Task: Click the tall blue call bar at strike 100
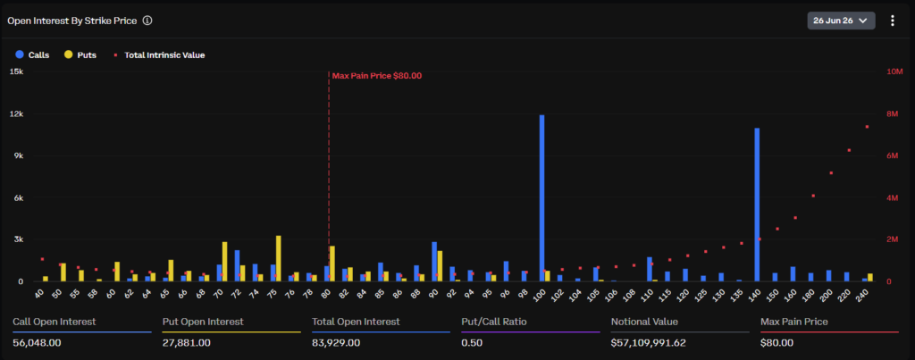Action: [541, 198]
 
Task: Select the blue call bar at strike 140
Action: [757, 205]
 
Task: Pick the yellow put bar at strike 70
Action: [224, 262]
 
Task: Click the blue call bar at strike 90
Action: [434, 262]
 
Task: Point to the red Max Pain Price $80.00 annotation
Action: [376, 75]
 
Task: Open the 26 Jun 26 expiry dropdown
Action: [841, 21]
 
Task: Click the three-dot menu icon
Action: [893, 21]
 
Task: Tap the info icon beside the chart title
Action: [147, 21]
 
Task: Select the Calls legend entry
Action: [33, 54]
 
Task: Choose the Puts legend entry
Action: [80, 54]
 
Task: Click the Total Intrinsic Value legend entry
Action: [159, 54]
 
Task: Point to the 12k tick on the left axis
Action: [16, 113]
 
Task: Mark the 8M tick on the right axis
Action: [893, 113]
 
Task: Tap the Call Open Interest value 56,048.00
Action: [36, 342]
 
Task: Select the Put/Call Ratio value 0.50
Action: [472, 342]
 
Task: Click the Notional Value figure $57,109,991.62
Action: [649, 342]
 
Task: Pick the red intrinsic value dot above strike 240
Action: [867, 127]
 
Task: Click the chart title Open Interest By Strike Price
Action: [71, 21]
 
